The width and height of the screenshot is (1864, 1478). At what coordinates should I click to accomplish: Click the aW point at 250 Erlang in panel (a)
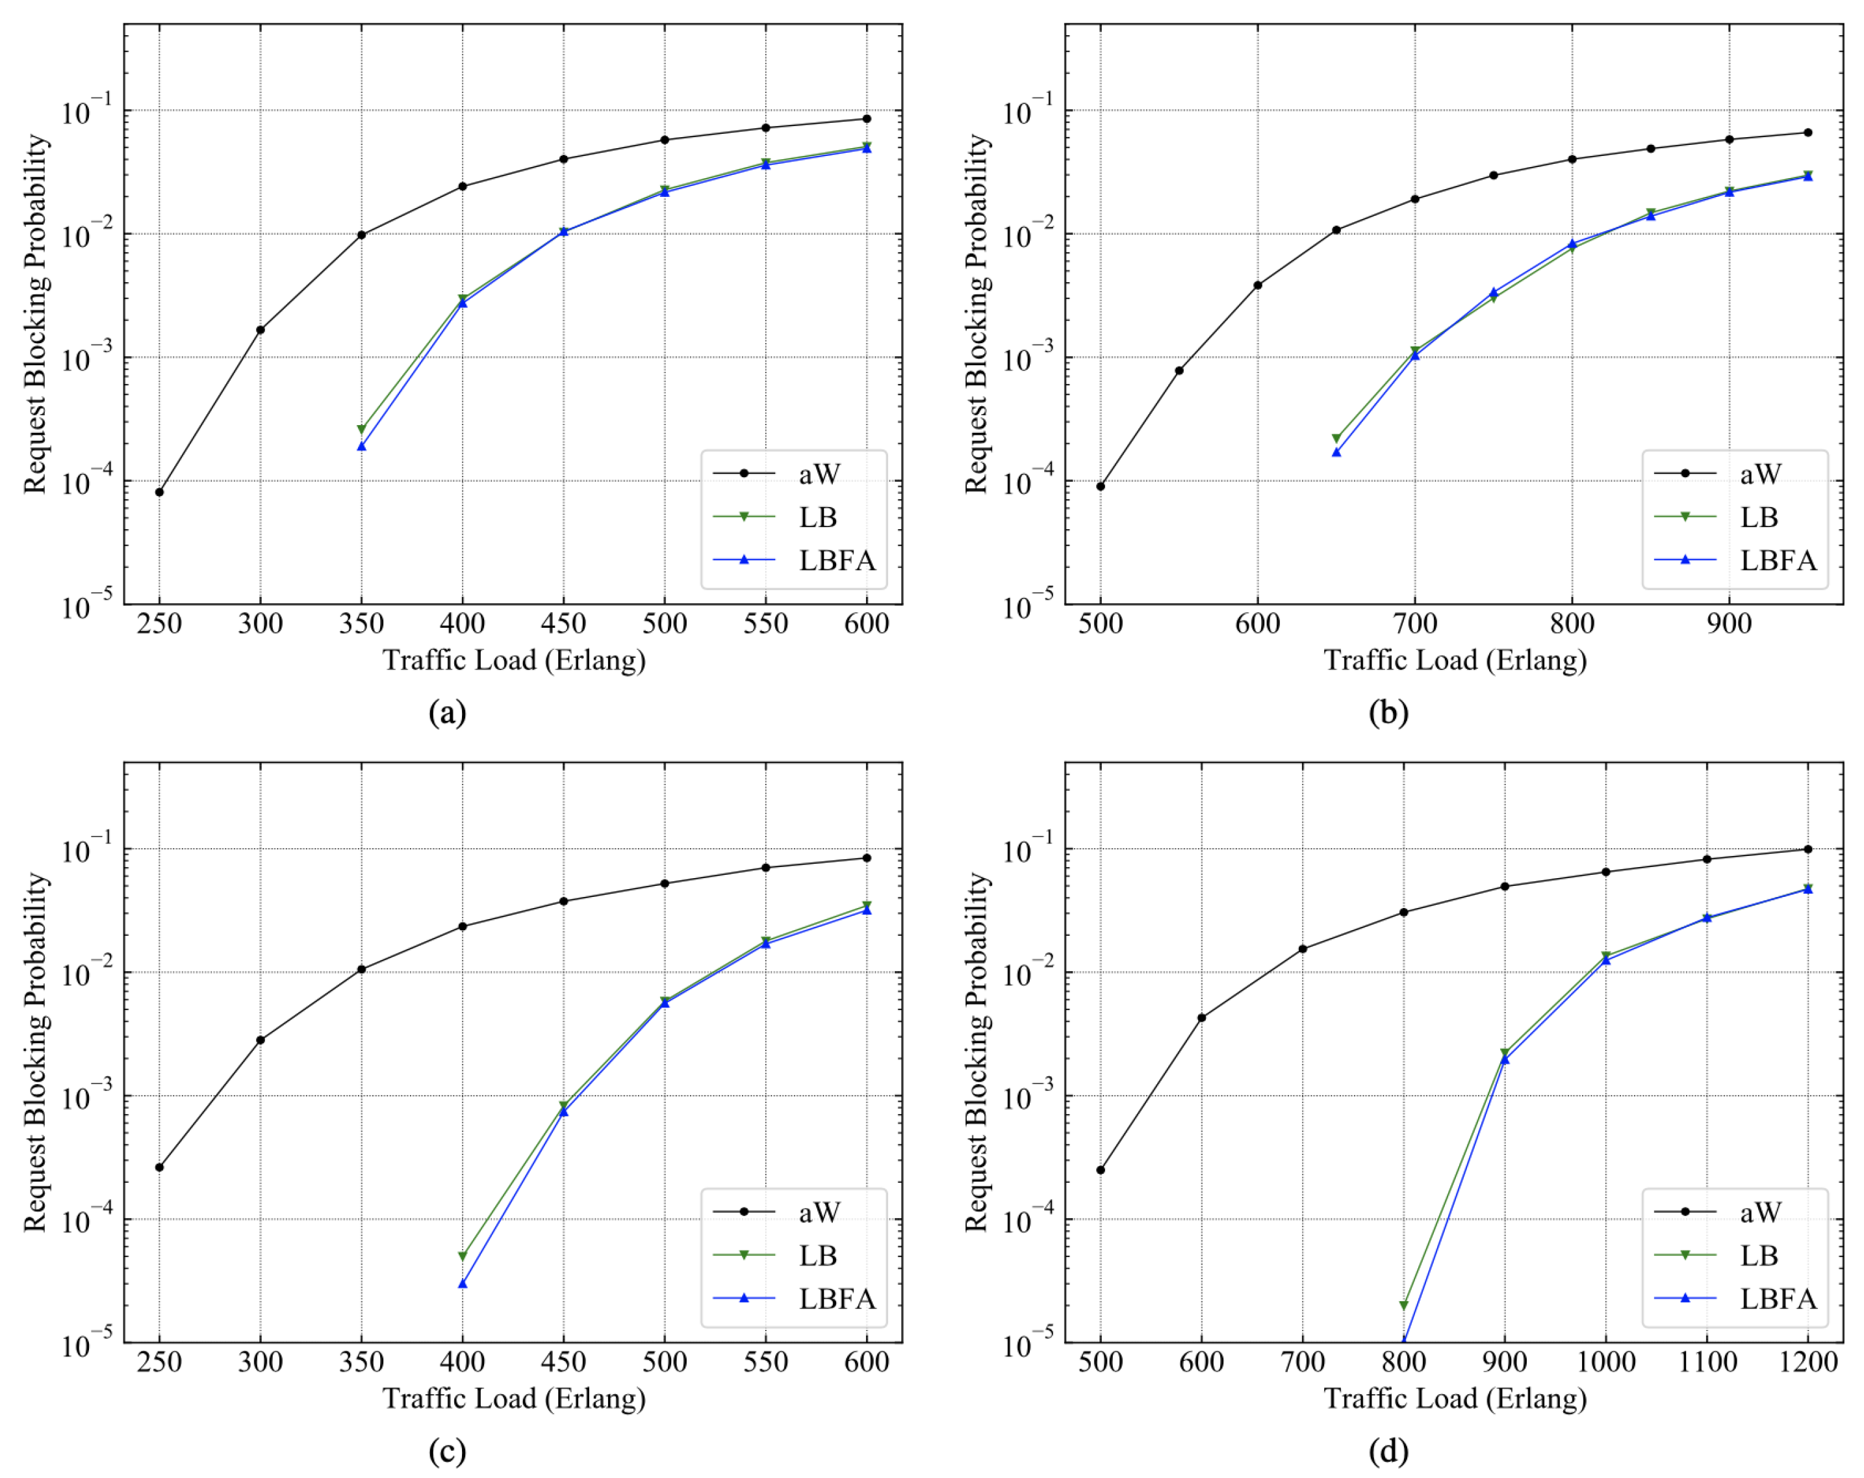[159, 492]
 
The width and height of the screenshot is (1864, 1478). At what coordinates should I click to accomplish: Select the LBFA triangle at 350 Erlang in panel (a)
[361, 447]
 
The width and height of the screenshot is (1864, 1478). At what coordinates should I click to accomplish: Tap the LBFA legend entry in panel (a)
[836, 560]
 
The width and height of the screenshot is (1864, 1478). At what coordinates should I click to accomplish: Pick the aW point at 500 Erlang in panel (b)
[1100, 486]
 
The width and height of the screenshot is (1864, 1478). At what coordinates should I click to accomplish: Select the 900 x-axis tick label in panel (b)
[1728, 623]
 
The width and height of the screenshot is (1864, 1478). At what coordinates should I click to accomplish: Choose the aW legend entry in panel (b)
[1759, 473]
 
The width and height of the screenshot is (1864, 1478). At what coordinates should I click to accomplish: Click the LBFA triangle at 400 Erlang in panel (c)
[463, 1284]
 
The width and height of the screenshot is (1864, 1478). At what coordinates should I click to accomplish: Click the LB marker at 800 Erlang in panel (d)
[1403, 1305]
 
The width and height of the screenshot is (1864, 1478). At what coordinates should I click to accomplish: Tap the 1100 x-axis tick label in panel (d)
[1707, 1362]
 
